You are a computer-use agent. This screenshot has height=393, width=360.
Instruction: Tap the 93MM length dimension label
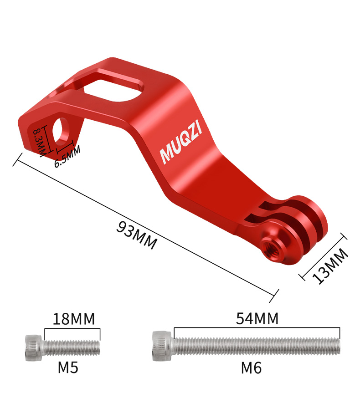tap(137, 235)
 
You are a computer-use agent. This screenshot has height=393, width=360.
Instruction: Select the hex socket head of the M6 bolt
tap(162, 346)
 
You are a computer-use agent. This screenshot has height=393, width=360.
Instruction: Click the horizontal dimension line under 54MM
tap(257, 327)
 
